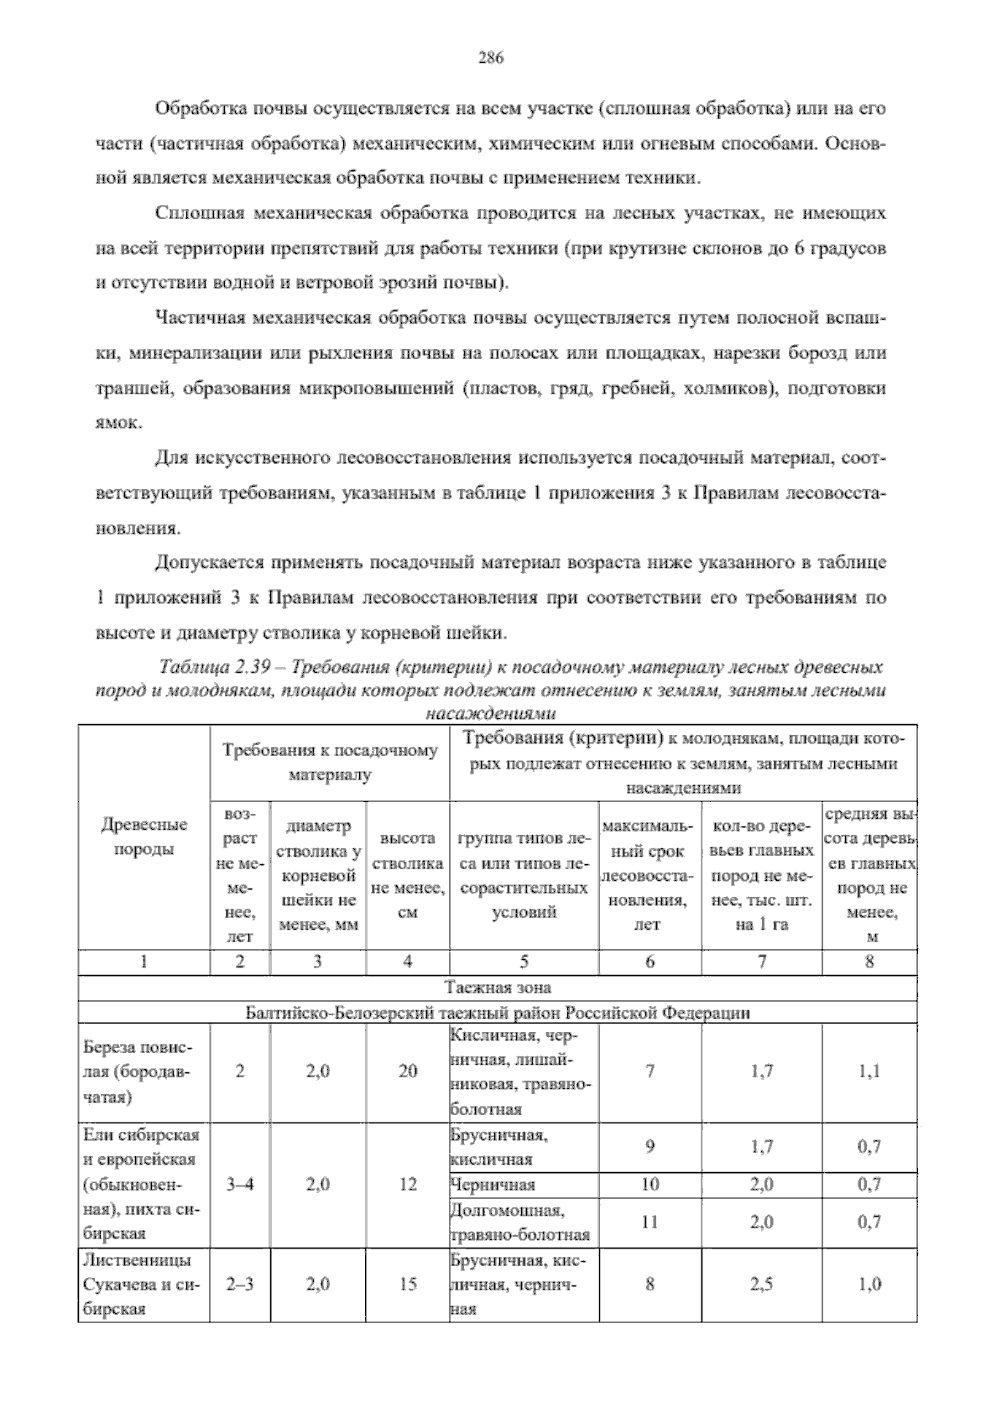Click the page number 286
tap(490, 57)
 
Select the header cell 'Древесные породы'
tap(143, 836)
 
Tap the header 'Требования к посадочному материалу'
tap(330, 762)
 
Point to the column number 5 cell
tap(524, 962)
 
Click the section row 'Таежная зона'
tap(498, 987)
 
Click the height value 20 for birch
tap(407, 1071)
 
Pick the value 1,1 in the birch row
tap(869, 1071)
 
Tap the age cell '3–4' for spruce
tap(240, 1185)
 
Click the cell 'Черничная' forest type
tap(493, 1185)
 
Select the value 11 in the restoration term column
tap(650, 1222)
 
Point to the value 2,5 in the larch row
tap(762, 1284)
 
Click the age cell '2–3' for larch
tap(240, 1284)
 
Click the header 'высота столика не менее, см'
tap(407, 874)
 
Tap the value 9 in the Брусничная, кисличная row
tap(650, 1146)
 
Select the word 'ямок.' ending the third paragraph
tap(117, 424)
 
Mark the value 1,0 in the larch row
tap(869, 1284)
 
